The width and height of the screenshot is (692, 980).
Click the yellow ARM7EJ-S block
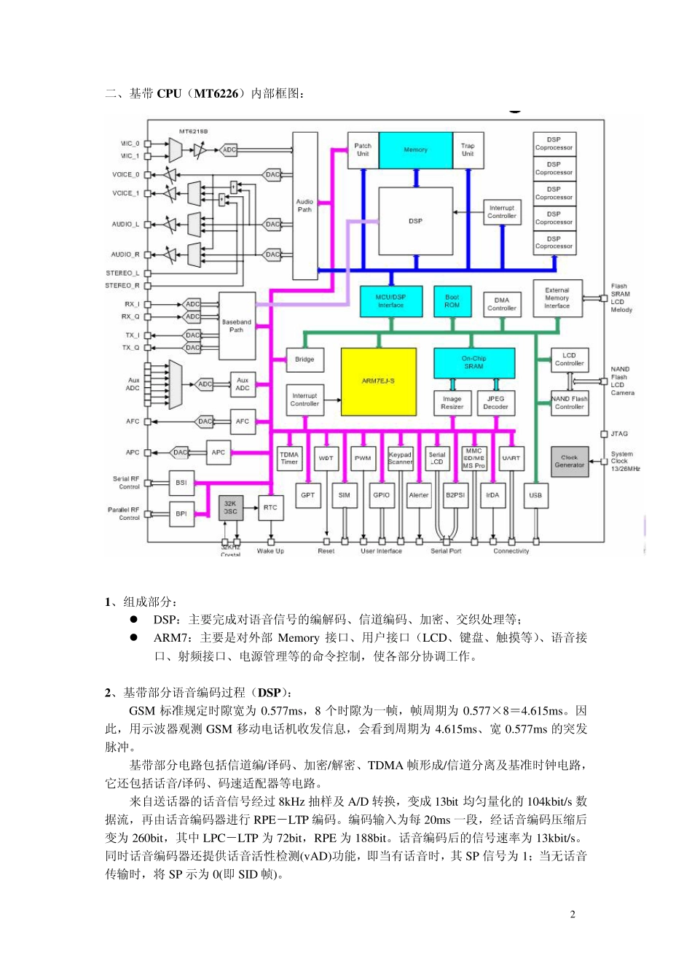(x=378, y=381)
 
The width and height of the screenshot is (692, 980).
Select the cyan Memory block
(x=415, y=150)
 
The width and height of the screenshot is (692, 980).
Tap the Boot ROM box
(x=452, y=301)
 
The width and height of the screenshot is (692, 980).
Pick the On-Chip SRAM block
(x=473, y=362)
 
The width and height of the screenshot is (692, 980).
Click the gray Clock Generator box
(x=569, y=462)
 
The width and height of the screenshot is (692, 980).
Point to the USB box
(x=535, y=495)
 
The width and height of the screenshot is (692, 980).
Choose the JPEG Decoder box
(x=495, y=402)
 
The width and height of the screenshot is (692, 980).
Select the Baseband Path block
(x=237, y=325)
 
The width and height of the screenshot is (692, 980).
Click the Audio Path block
(x=304, y=206)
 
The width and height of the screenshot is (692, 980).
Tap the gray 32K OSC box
(x=230, y=507)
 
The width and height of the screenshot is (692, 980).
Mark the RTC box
(x=270, y=507)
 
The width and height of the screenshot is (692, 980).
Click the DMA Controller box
(x=502, y=304)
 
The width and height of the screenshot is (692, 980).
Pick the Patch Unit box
(x=363, y=150)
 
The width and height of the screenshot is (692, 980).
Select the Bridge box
(x=304, y=359)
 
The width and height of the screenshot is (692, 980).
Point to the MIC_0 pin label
(x=130, y=144)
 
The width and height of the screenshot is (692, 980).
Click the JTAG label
(x=619, y=434)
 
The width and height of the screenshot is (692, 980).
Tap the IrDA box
(x=492, y=495)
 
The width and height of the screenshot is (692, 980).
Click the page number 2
(x=573, y=914)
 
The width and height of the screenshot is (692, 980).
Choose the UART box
(x=511, y=458)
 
